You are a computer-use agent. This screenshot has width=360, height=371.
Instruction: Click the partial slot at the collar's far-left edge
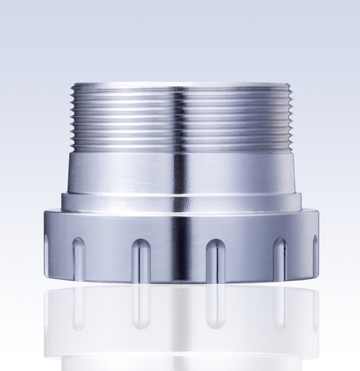(47, 252)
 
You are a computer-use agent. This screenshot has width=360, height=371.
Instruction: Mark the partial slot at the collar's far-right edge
(314, 252)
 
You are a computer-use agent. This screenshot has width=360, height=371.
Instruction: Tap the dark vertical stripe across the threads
(180, 120)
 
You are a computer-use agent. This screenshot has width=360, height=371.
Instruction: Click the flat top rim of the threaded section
(180, 85)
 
